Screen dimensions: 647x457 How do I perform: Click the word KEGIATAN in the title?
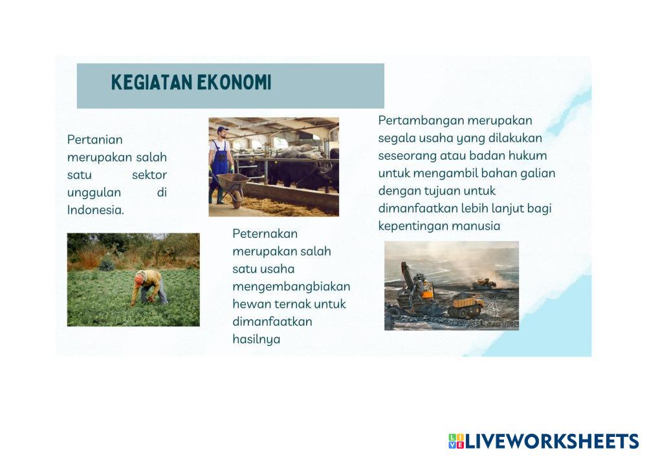point(151,82)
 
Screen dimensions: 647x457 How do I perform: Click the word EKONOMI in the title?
point(234,82)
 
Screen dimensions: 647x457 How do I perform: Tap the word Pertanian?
point(95,140)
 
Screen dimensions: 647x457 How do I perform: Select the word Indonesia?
point(96,210)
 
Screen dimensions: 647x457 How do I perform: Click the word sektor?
point(149,175)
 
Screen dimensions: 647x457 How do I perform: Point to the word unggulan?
point(94,193)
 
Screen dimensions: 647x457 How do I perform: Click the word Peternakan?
point(265,233)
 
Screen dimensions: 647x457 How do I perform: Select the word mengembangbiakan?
point(291,287)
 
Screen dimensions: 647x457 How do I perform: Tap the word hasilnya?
point(256,339)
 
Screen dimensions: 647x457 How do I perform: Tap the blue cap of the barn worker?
point(223,129)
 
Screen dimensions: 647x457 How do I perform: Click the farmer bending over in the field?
point(149,287)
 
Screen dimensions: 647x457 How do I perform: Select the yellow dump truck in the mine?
point(467,306)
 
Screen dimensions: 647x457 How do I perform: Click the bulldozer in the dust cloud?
point(484,284)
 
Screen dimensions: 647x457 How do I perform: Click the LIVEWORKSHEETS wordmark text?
point(552,441)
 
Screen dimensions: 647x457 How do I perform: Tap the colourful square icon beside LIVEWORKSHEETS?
point(456,441)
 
